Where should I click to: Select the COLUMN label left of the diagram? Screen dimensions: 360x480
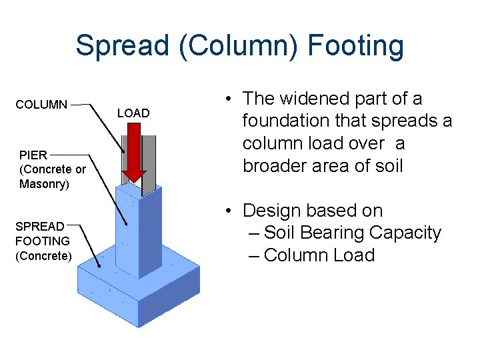click(x=41, y=105)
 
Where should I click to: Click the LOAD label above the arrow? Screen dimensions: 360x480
click(x=133, y=113)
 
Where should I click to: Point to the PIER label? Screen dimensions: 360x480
click(x=33, y=155)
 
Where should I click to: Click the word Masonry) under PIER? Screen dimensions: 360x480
click(x=44, y=184)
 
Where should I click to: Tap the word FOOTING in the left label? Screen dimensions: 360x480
click(x=43, y=241)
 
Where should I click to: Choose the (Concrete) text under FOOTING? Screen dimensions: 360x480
click(x=43, y=255)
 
